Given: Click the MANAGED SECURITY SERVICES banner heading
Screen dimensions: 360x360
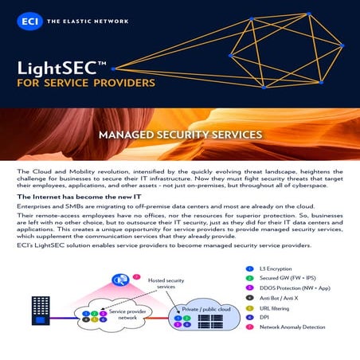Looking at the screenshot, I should [180, 135].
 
